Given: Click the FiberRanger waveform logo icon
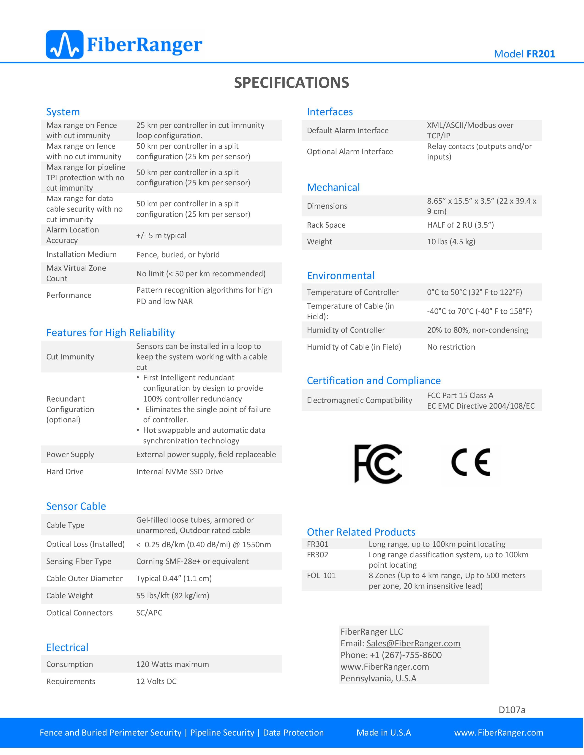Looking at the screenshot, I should pyautogui.click(x=65, y=45).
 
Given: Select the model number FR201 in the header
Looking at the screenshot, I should pyautogui.click(x=540, y=54).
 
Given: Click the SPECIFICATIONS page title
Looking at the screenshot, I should pyautogui.click(x=292, y=83).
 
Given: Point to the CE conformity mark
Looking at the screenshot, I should pyautogui.click(x=471, y=463).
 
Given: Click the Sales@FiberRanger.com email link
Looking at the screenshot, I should pyautogui.click(x=413, y=643).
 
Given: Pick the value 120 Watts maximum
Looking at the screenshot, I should pyautogui.click(x=172, y=664).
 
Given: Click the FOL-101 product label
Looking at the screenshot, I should pyautogui.click(x=321, y=576).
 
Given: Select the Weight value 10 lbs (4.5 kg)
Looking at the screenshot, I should pyautogui.click(x=451, y=242).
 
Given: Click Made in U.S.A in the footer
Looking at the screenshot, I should pyautogui.click(x=384, y=733).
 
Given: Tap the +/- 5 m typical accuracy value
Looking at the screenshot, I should pyautogui.click(x=161, y=235).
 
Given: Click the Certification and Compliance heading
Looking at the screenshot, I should pyautogui.click(x=374, y=381).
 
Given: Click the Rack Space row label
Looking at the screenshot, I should pyautogui.click(x=326, y=225).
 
